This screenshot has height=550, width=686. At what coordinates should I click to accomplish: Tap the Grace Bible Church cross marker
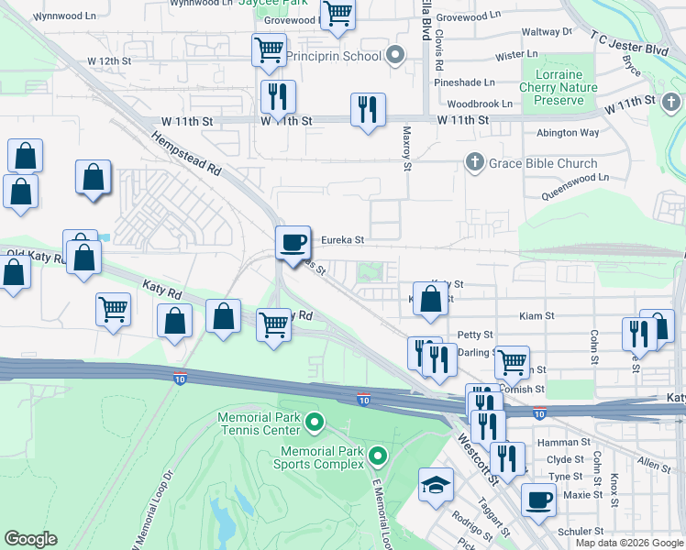474,163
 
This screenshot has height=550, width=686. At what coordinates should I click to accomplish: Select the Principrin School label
333,56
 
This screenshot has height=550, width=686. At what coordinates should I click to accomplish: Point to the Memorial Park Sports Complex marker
378,455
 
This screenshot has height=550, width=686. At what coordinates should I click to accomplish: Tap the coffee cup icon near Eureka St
293,242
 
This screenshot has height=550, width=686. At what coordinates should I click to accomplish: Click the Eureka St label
342,240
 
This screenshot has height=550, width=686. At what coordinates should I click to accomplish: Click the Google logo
31,539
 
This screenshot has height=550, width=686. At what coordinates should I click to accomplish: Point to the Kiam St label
537,315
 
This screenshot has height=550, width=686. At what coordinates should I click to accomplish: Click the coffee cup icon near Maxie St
538,500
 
